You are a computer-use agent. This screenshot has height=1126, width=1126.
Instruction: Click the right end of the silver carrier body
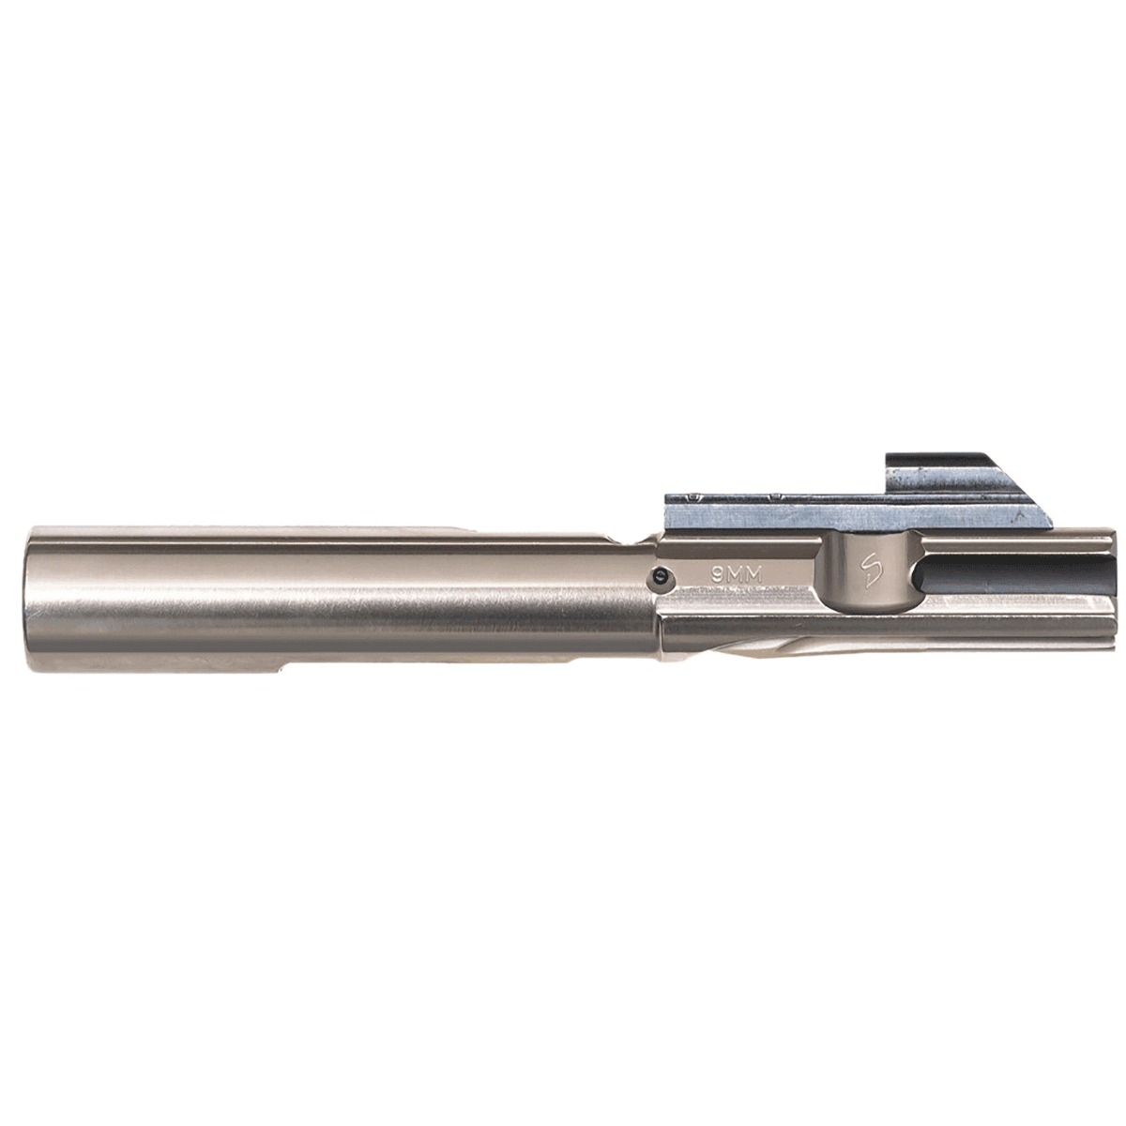[x=1107, y=601]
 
